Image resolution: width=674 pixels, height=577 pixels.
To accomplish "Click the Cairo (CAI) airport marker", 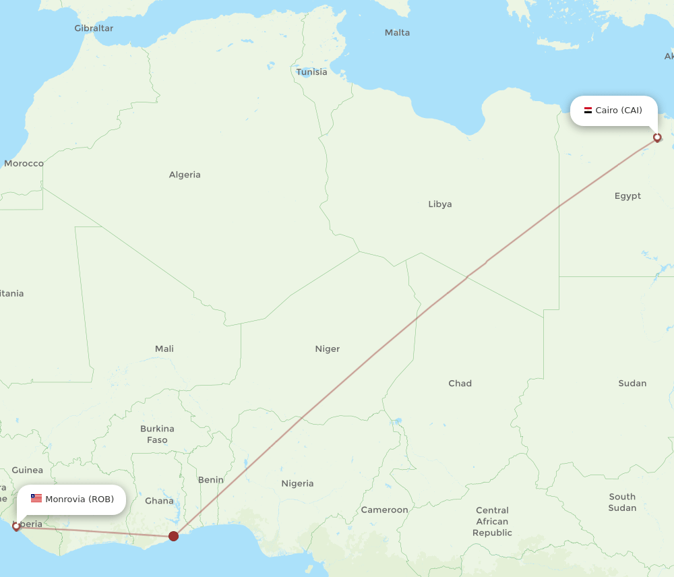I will click(657, 138).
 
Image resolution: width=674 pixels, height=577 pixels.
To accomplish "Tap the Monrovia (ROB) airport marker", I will click(16, 526).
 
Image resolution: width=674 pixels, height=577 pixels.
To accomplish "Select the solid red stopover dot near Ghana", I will click(173, 536).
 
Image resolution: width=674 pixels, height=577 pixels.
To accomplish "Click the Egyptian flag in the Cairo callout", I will click(588, 111).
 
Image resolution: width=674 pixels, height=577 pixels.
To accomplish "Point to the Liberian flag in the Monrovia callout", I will click(36, 499).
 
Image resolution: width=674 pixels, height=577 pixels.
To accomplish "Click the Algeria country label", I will click(185, 175).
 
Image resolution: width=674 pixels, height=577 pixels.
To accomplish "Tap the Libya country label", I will click(440, 204).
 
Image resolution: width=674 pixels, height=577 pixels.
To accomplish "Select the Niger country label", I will click(328, 348).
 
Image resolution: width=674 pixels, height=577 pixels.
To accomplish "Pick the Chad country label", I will click(460, 383).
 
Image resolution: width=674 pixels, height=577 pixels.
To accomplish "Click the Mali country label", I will click(164, 348).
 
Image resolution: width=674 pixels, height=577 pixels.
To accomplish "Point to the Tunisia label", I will click(312, 72).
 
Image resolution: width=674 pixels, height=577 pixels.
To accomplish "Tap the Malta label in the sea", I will click(397, 32).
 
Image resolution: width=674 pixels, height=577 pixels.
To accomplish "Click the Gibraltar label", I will click(94, 28).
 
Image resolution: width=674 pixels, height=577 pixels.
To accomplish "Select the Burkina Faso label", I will click(157, 434).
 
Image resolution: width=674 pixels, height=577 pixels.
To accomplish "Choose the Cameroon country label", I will click(384, 510).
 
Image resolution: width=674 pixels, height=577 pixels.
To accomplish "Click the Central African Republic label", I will click(492, 522).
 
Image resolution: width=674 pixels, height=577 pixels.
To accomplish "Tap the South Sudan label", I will click(622, 502).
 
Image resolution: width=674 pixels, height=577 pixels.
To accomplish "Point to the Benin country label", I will click(211, 480).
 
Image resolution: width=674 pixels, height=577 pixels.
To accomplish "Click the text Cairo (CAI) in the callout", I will click(619, 111).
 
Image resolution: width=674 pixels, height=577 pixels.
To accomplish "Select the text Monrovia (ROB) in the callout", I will click(80, 499).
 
